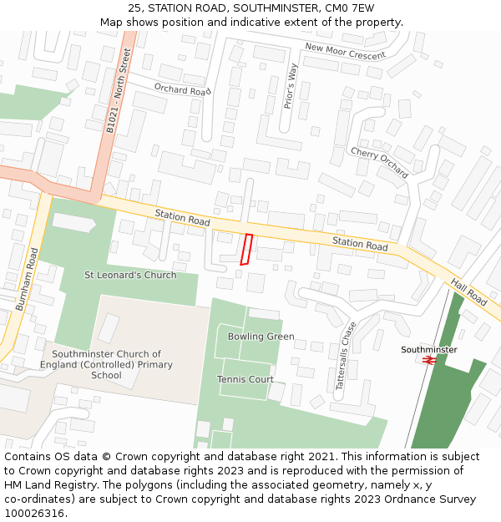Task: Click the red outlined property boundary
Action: tap(246, 250)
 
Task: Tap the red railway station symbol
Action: tap(428, 360)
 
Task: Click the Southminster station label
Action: tap(429, 349)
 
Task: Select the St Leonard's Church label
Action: tap(130, 275)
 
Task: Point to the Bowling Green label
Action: tap(261, 337)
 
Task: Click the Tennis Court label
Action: tap(245, 379)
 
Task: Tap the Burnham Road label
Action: tap(27, 280)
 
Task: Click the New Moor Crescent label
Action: tap(345, 52)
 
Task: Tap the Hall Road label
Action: tap(468, 291)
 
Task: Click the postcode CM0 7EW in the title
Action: tap(348, 8)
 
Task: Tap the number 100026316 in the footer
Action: tap(34, 513)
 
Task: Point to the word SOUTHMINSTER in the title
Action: tap(276, 8)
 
